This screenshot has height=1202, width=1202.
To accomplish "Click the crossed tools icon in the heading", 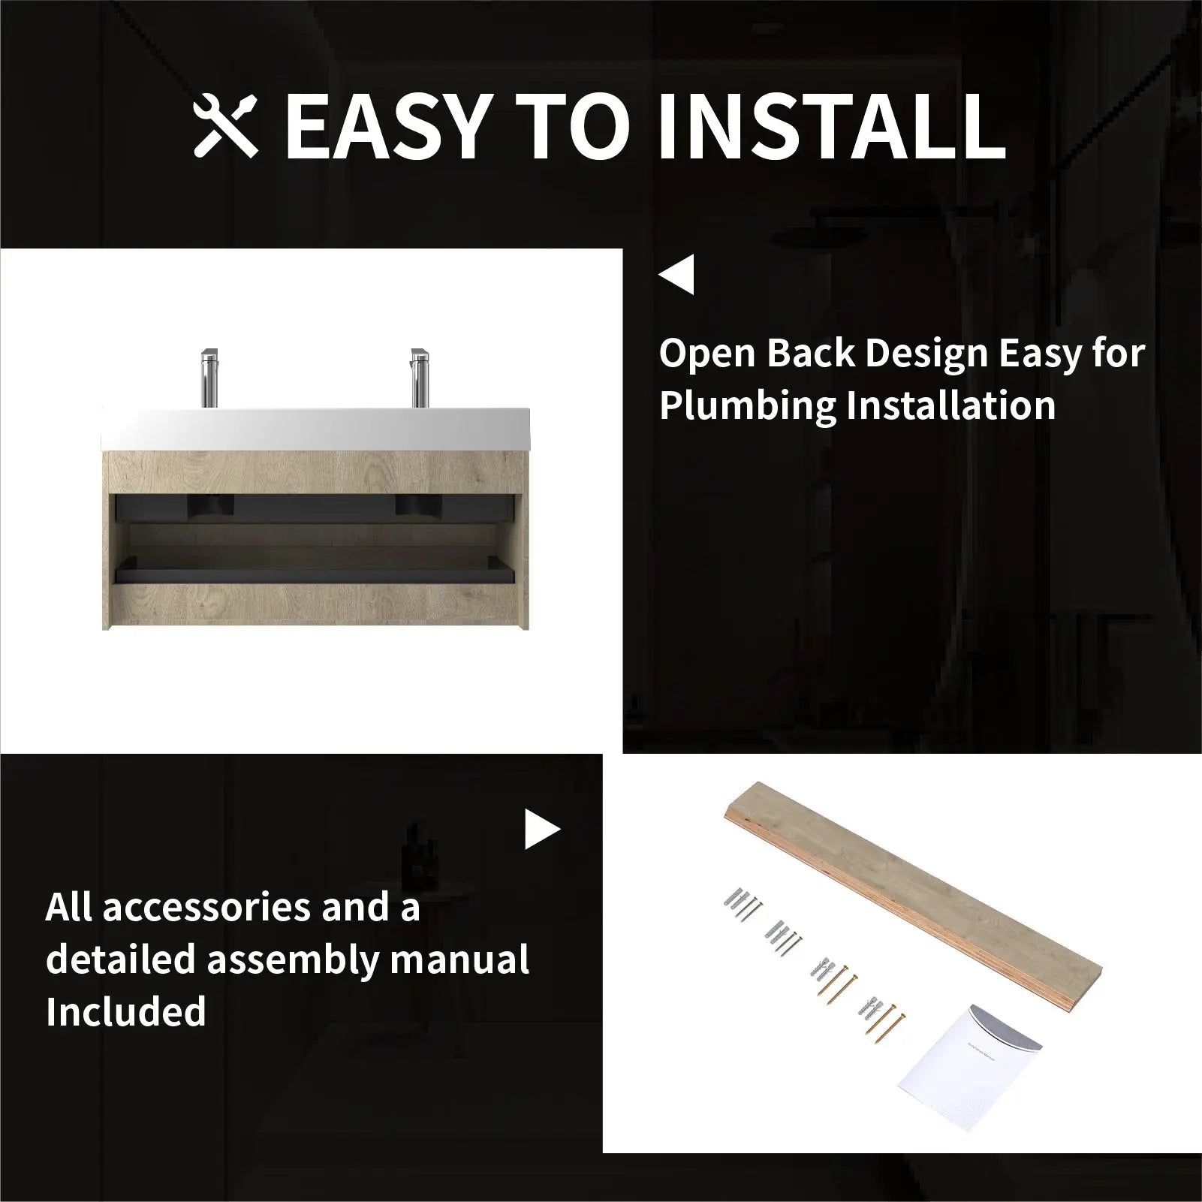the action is click(226, 126).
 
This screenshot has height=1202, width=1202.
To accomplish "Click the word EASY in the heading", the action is click(385, 127).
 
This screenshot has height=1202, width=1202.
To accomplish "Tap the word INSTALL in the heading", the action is click(831, 127).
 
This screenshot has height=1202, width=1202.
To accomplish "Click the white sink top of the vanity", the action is click(315, 429).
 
